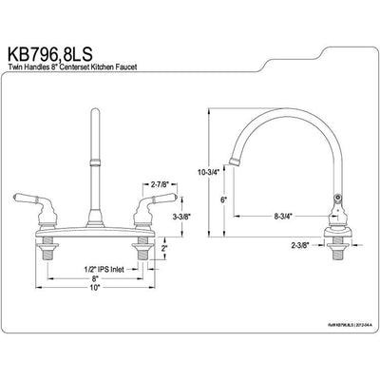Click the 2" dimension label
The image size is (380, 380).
(163, 248)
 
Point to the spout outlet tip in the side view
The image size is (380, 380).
(235, 155)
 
